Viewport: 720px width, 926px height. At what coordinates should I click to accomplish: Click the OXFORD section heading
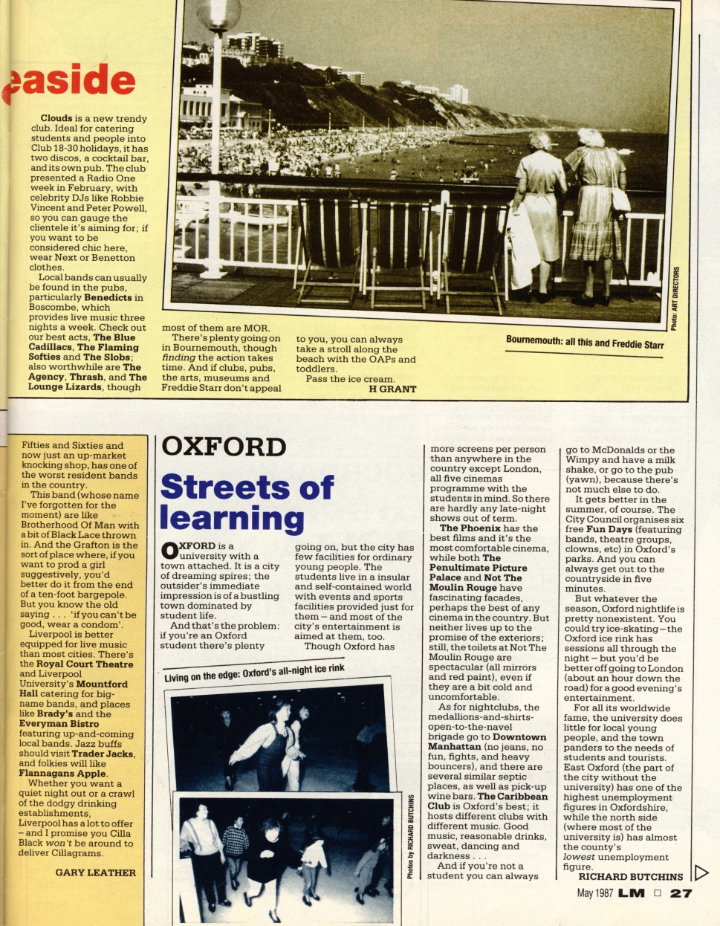224,447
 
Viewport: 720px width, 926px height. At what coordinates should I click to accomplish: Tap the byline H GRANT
392,389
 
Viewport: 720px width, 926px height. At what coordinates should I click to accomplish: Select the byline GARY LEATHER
96,872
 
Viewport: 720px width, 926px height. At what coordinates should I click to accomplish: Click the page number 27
681,894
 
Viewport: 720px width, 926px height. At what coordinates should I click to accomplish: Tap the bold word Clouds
56,118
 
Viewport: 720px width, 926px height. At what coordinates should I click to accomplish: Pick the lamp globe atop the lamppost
218,14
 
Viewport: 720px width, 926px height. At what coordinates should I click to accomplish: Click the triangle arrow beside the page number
700,872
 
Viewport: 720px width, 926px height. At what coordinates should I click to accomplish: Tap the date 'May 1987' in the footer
595,894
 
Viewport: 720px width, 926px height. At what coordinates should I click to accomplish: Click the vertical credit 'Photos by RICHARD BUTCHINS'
411,836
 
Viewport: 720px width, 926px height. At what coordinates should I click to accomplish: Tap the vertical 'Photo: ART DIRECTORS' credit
673,297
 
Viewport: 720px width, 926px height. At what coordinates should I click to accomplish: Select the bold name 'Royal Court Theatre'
85,664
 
